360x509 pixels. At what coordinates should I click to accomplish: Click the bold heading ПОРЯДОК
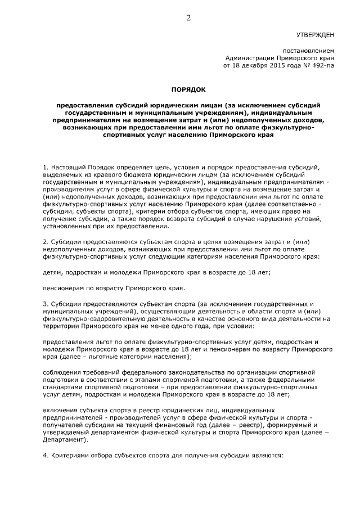coord(188,89)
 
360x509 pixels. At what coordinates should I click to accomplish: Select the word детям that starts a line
coord(54,272)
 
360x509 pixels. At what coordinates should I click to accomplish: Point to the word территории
coord(61,326)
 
